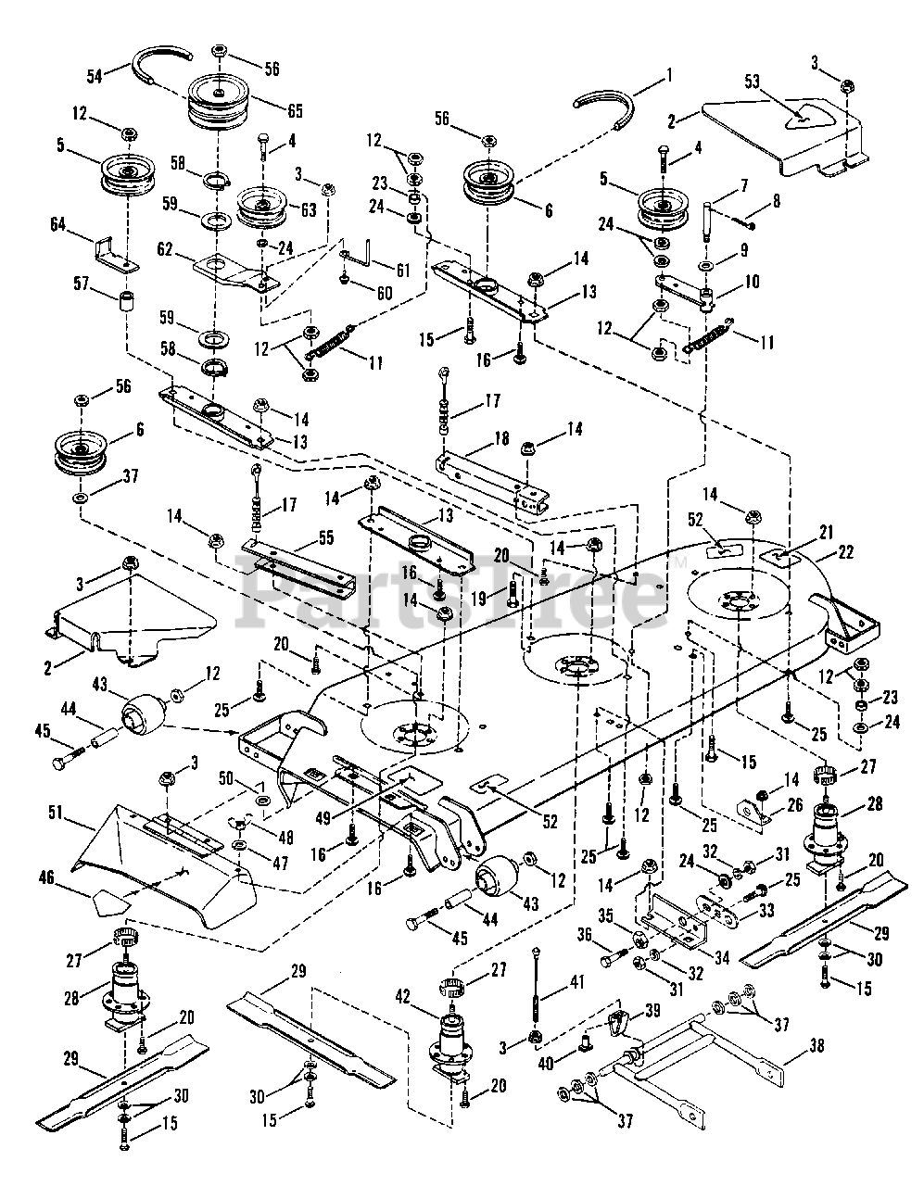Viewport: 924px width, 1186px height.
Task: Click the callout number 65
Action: [x=295, y=111]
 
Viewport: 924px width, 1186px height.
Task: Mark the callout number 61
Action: [x=401, y=271]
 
